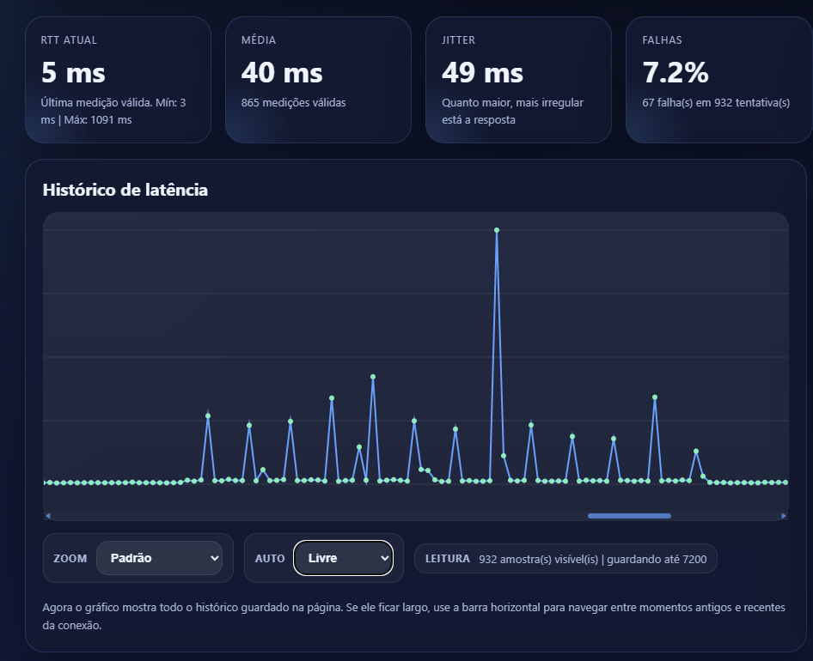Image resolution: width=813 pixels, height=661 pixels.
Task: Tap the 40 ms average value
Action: coord(282,73)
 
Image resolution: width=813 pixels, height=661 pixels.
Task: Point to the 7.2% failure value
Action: coord(675,73)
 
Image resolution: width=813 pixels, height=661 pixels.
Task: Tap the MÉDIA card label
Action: coord(259,40)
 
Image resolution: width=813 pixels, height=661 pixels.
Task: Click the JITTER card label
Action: coord(459,40)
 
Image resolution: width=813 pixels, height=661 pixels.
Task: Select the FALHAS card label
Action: coord(662,40)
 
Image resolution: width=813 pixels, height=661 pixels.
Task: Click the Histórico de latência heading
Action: coord(125,190)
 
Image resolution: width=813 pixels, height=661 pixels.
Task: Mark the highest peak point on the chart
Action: coord(497,230)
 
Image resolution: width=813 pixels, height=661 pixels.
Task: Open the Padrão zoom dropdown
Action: coord(159,558)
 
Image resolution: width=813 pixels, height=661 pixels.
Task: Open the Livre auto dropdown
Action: coord(343,558)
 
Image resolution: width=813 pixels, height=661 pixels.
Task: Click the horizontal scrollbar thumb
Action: coord(629,516)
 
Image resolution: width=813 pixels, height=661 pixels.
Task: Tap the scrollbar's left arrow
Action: coord(48,516)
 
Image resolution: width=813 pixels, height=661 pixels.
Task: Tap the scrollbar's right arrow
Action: coord(784,516)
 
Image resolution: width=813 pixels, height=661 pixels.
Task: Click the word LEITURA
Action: coord(447,559)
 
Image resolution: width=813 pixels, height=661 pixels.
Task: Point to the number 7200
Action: coord(694,559)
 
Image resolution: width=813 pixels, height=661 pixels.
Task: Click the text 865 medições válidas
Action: coord(293,103)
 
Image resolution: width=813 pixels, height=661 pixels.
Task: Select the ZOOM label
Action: coord(70,559)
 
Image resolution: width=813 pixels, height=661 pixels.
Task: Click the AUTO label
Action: coord(270,559)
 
